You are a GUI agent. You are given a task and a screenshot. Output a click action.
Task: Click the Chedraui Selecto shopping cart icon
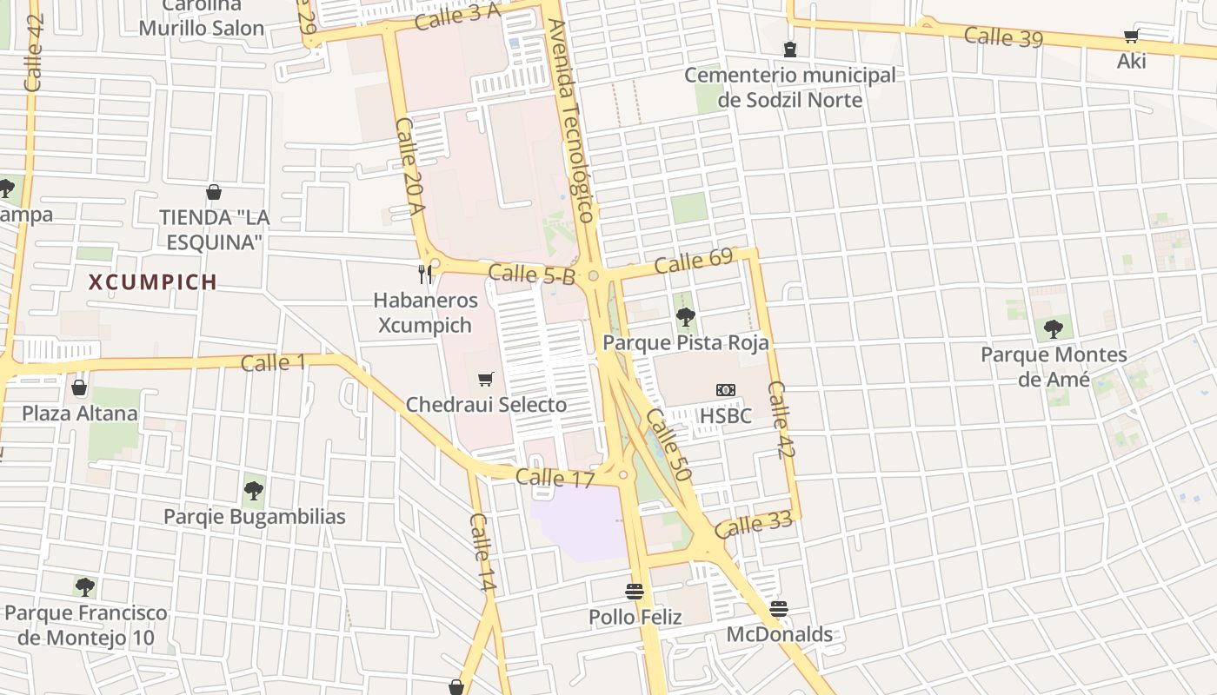pos(486,379)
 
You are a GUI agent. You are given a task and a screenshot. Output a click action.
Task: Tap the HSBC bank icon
pos(726,390)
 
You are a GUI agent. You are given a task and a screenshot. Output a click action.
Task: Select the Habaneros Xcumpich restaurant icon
pos(425,275)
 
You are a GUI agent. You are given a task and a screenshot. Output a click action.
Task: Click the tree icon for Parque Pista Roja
pos(685,317)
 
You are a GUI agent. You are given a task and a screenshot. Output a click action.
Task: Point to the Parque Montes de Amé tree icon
pos(1054,329)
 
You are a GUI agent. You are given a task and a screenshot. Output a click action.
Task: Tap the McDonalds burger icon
pos(779,608)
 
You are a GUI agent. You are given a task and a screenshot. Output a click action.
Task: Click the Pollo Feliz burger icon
pos(635,592)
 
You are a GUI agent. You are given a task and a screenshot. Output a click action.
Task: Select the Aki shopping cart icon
pos(1131,36)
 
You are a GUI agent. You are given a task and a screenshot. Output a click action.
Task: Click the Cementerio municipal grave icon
pos(789,49)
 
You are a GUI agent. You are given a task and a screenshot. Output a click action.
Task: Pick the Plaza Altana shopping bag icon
pos(79,387)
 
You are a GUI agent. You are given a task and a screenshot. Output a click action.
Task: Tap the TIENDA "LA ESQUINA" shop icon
pos(214,191)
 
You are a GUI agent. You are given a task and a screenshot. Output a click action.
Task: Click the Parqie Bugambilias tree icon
pos(254,491)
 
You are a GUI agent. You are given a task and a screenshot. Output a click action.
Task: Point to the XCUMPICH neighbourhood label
pos(153,282)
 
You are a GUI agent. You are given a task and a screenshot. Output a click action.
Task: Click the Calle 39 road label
pos(1003,36)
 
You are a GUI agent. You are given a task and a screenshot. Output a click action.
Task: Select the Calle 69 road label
pos(694,261)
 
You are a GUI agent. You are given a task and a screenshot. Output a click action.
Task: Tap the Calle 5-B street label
pos(532,275)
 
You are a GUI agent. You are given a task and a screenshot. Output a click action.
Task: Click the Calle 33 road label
pos(754,525)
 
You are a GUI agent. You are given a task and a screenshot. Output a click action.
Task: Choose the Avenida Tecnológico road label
pos(571,122)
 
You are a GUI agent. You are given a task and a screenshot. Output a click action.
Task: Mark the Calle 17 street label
pos(555,478)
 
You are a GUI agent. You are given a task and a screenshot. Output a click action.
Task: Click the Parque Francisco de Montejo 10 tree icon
pos(84,586)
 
